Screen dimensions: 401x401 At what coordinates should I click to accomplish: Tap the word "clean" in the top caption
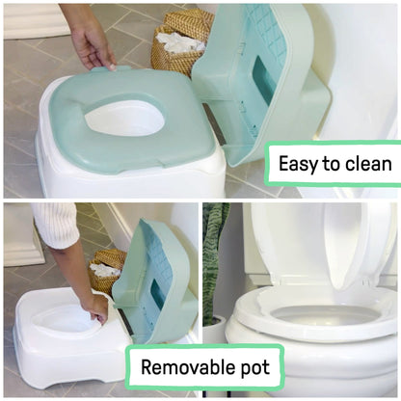(368, 164)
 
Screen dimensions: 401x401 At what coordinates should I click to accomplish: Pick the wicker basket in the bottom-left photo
(108, 272)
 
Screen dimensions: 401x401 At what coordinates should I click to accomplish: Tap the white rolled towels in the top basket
(177, 41)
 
